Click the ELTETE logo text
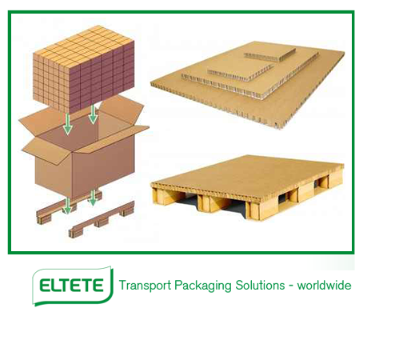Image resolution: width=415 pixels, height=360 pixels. coord(71,286)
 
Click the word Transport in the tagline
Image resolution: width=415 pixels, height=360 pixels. coord(145,286)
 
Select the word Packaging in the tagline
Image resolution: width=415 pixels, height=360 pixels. coord(203,286)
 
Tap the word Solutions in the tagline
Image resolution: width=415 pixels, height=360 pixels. coord(260,286)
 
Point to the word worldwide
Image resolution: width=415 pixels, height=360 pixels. coord(324,286)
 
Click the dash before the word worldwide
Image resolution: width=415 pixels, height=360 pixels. coord(291,286)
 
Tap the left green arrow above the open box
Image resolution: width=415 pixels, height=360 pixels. coord(68,124)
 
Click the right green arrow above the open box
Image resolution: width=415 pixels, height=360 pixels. coord(93,114)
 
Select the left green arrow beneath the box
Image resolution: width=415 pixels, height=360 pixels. coord(68,206)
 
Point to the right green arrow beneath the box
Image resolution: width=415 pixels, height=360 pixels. coord(93,198)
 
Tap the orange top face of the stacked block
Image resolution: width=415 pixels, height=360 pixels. coord(83,46)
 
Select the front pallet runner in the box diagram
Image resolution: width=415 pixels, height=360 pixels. coord(102,220)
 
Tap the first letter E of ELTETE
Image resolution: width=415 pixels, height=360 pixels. coord(45,286)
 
